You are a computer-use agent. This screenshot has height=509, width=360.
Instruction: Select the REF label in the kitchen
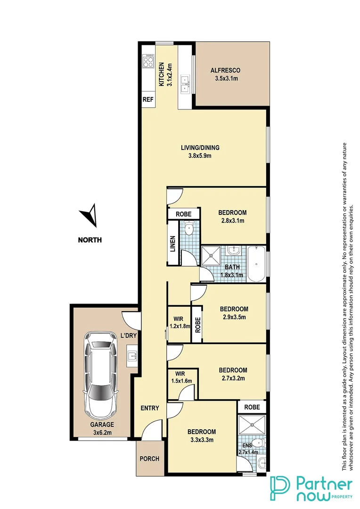coord(148,100)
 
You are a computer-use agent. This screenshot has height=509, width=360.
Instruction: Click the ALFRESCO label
coord(224,71)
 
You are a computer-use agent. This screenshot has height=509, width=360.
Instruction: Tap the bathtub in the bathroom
coord(257,263)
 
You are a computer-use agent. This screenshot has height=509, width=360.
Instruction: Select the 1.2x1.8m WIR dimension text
coord(180,326)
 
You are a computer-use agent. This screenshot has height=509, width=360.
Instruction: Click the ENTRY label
coord(150,408)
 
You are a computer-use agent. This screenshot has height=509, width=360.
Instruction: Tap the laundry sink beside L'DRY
coord(131,355)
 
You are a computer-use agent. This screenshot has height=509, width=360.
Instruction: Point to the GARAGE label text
coord(102,424)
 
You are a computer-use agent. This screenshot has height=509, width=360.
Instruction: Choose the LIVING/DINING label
coord(200,148)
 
